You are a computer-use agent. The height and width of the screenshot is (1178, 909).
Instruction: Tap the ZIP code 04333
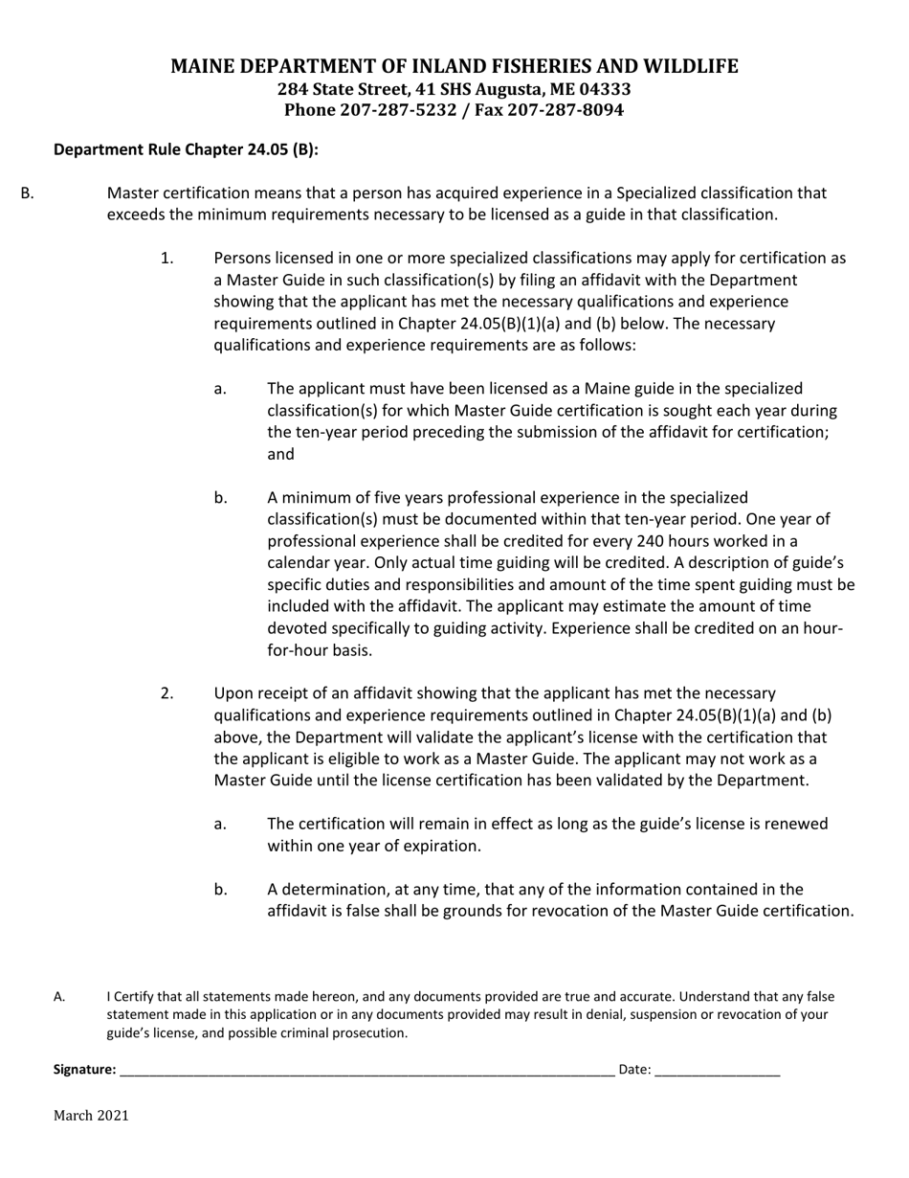pos(604,89)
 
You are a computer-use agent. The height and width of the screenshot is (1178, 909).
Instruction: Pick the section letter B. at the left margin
pos(27,193)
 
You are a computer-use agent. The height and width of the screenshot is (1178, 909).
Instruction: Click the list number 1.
pos(167,258)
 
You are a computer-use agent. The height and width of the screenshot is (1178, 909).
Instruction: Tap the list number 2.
pos(167,692)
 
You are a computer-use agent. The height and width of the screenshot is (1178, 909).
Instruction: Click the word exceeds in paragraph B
pos(135,215)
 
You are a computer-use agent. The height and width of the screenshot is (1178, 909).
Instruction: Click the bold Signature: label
pos(85,1070)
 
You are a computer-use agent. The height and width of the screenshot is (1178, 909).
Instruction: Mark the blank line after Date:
pos(718,1071)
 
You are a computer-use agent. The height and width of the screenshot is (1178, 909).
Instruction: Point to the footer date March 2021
pos(91,1115)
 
